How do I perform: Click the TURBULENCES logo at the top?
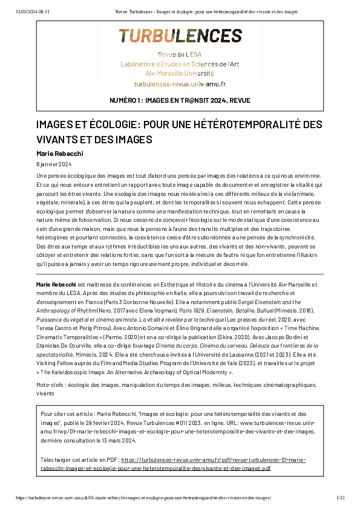tap(180, 36)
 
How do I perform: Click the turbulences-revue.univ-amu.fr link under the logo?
tap(180, 83)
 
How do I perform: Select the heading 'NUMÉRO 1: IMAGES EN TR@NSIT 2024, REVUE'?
tap(180, 100)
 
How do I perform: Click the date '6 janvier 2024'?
tap(54, 164)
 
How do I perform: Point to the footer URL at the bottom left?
tap(143, 498)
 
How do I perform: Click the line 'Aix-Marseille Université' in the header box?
tap(180, 73)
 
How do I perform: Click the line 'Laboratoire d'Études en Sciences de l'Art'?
tap(180, 63)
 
